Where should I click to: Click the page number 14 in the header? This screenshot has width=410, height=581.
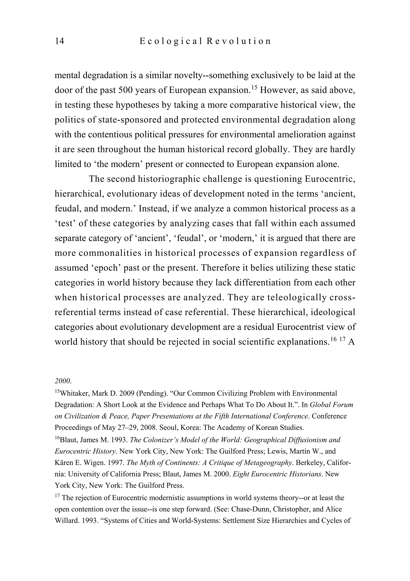click(59, 41)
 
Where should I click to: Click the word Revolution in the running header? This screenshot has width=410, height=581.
click(239, 41)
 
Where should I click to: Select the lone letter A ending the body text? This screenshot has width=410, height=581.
click(352, 342)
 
